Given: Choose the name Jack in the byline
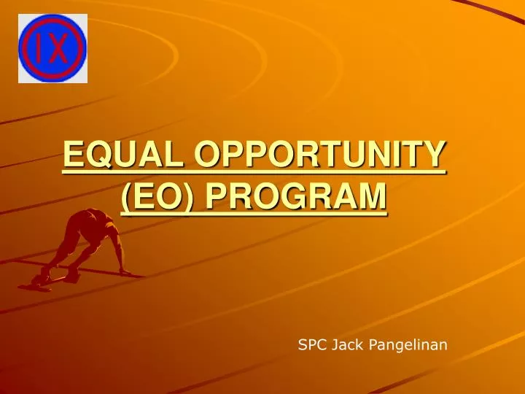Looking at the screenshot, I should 346,344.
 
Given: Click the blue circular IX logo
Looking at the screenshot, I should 52,48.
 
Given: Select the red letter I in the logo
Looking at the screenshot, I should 39,48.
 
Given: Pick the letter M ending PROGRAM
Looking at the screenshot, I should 370,196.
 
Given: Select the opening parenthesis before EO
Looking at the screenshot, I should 126,197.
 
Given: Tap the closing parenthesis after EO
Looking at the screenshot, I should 187,197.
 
